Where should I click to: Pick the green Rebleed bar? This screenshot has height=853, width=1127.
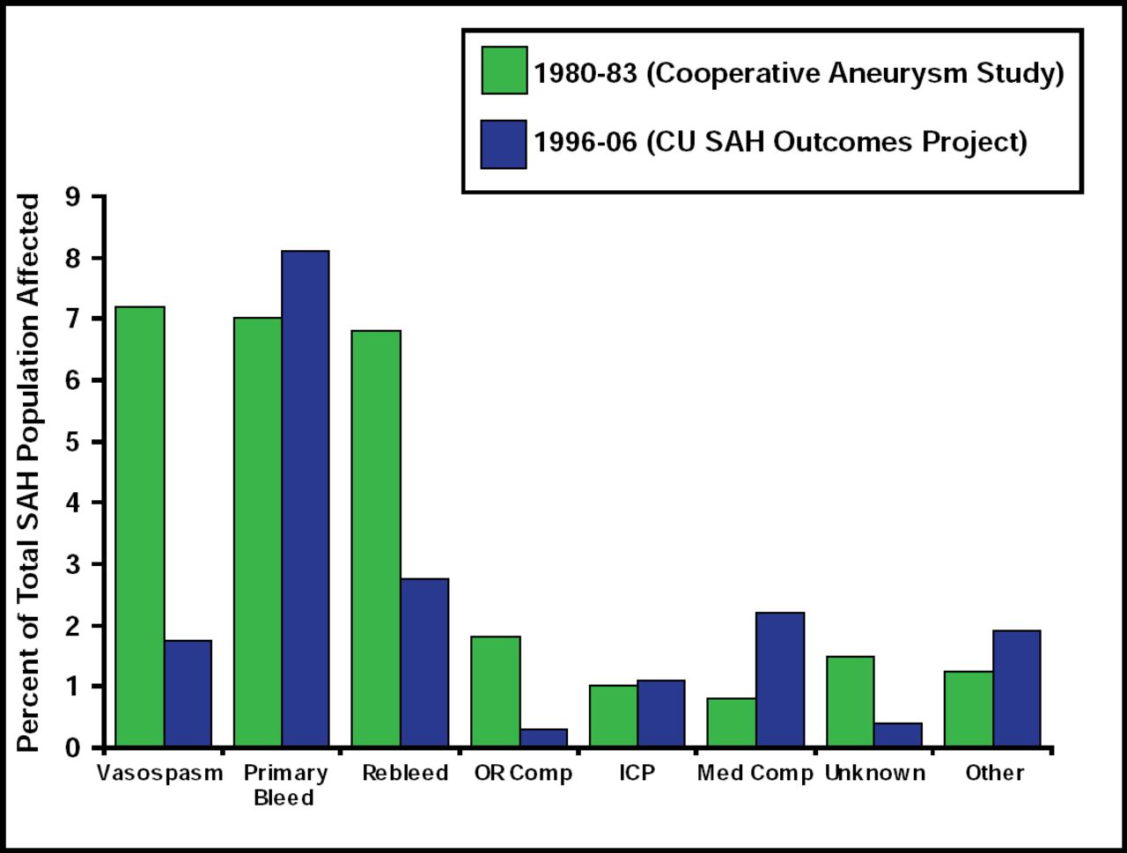coord(376,539)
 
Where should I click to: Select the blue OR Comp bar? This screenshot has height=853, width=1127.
coord(543,738)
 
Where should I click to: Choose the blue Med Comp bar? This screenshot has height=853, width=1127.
coord(780,680)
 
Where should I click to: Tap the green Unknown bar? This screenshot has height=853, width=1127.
coord(851,702)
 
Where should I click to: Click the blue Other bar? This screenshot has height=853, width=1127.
coord(1017,688)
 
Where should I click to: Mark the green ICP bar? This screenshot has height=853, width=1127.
coord(614,716)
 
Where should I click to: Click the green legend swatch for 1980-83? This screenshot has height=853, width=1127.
coord(505,70)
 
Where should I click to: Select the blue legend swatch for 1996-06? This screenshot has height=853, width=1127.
coord(504,144)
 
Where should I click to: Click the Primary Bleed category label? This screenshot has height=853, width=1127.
coord(284,785)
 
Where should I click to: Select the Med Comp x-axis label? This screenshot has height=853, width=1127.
coord(755,773)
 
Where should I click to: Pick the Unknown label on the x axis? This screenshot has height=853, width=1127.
coord(875,773)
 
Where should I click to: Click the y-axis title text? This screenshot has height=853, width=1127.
coord(29,473)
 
